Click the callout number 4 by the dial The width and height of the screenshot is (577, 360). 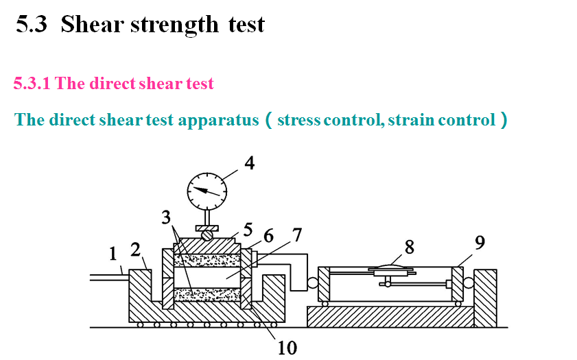pyautogui.click(x=249, y=163)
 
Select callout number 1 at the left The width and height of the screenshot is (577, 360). pyautogui.click(x=113, y=254)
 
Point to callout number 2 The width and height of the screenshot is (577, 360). pyautogui.click(x=137, y=248)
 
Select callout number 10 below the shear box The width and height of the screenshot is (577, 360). pyautogui.click(x=287, y=348)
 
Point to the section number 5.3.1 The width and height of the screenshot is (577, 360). pyautogui.click(x=32, y=84)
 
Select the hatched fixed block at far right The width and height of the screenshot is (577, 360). pyautogui.click(x=485, y=296)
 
